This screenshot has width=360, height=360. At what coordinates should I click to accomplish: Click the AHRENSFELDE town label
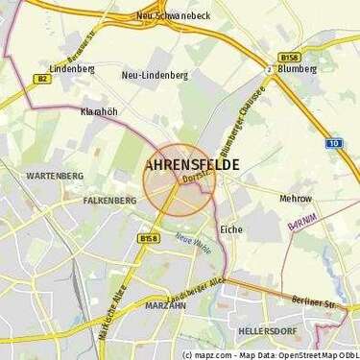[195, 165]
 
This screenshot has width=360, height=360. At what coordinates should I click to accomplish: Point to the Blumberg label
[296, 68]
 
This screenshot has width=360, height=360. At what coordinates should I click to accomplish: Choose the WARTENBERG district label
[29, 177]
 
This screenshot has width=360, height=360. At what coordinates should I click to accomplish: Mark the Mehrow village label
[296, 198]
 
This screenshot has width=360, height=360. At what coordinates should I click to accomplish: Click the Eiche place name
[231, 230]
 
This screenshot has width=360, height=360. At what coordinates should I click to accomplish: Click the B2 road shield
[43, 82]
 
